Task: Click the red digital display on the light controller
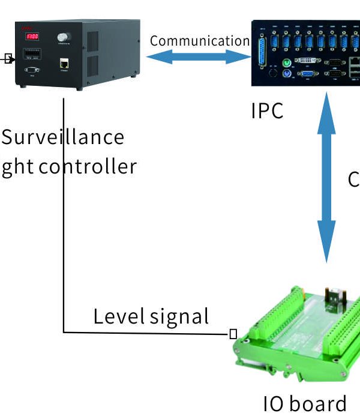tap(31, 37)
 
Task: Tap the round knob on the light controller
tap(62, 37)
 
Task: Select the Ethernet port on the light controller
tap(64, 62)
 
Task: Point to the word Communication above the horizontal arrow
tap(199, 41)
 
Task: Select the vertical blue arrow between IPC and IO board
tap(326, 178)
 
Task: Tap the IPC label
tap(267, 111)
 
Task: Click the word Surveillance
tap(62, 137)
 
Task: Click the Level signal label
tap(151, 316)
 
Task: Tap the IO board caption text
tap(305, 403)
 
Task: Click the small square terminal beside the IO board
tap(233, 334)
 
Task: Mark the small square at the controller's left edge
tap(8, 58)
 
